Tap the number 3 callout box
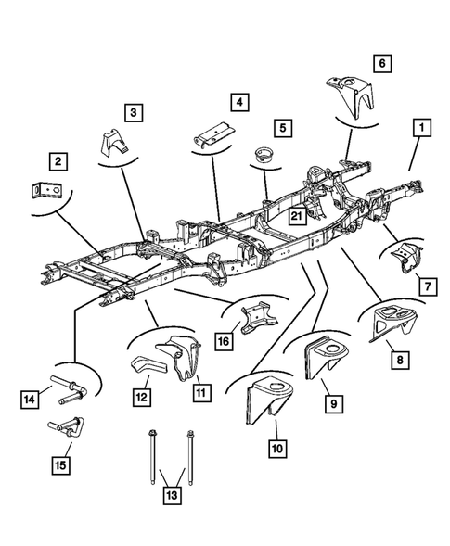coord(135,113)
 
